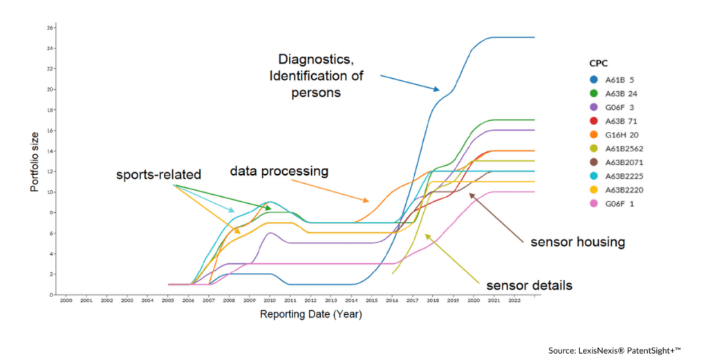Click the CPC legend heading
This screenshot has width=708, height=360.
598,62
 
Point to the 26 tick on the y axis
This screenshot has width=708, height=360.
49,28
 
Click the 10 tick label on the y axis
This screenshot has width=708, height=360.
49,192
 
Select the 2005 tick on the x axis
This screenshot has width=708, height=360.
167,301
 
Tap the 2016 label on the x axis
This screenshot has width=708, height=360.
391,301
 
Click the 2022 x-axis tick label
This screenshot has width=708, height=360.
514,301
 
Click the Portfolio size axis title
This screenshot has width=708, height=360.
35,160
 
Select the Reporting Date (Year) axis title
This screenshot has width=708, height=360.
310,314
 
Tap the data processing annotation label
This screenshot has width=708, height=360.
279,170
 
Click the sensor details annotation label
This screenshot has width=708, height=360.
529,285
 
